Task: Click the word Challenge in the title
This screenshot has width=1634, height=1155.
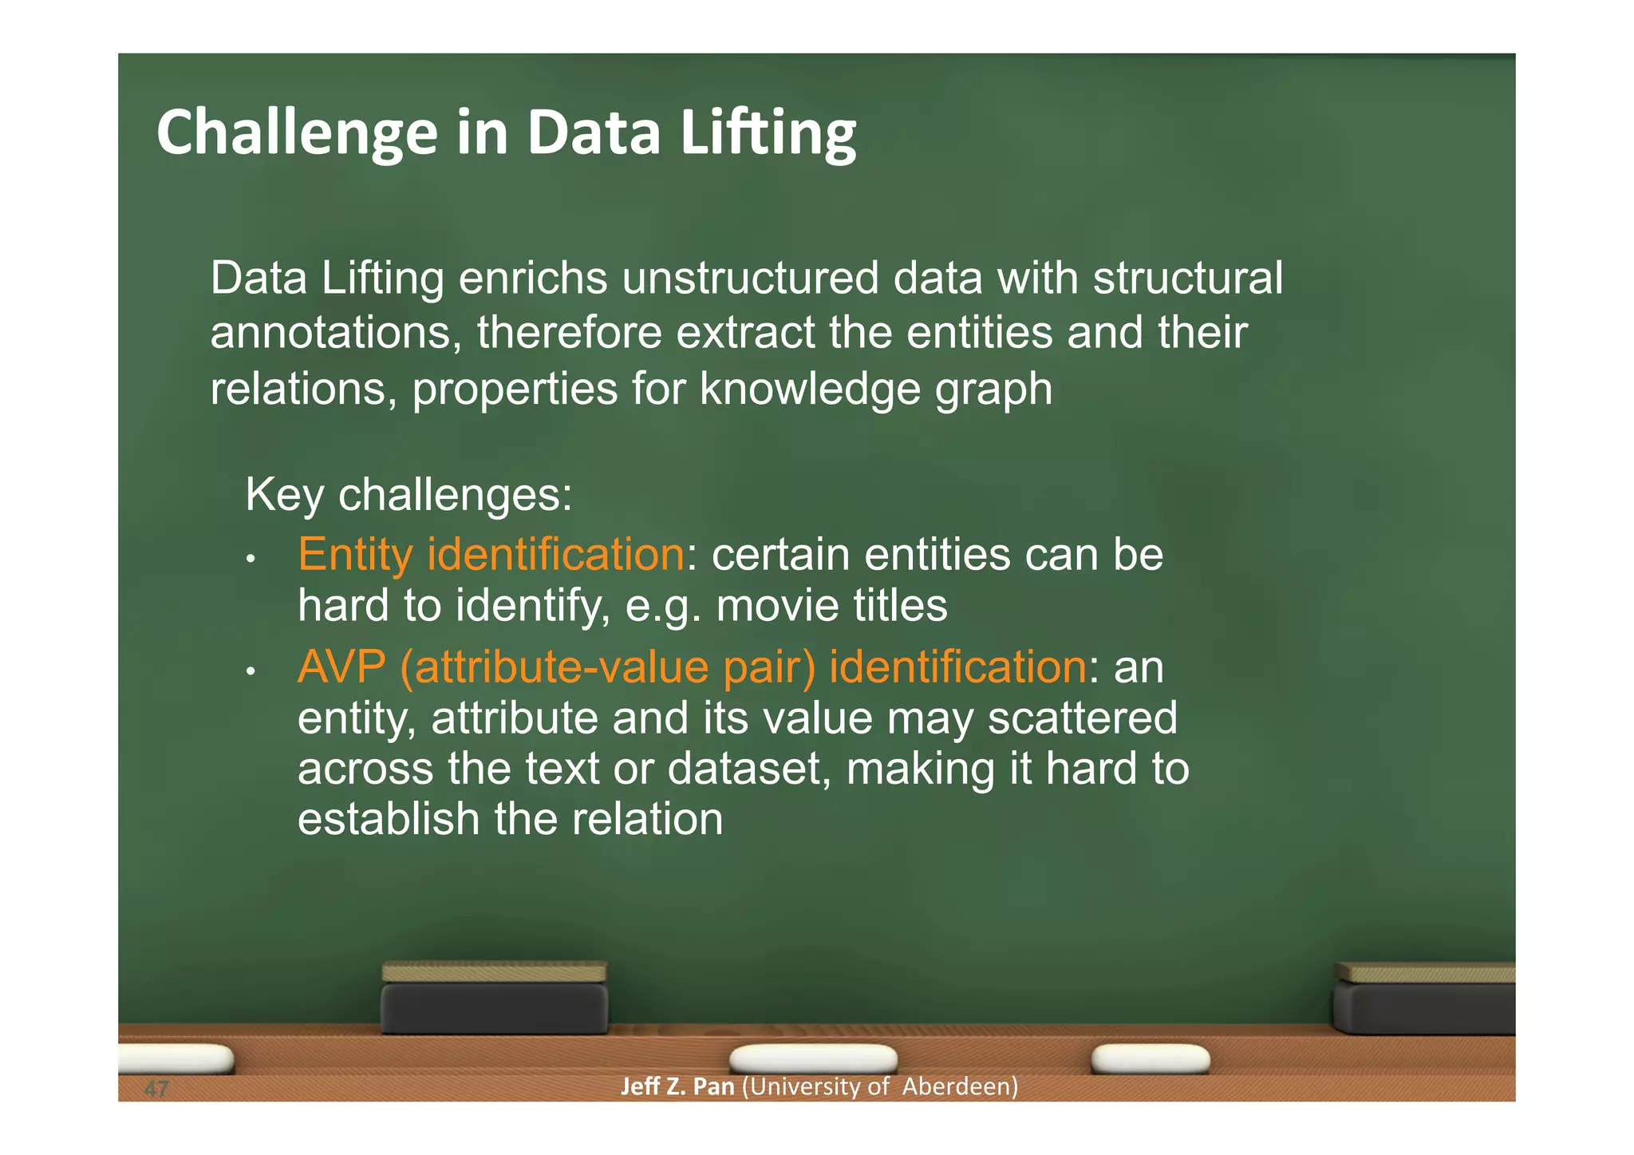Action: pyautogui.click(x=297, y=133)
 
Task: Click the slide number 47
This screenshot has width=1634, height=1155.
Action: pyautogui.click(x=156, y=1089)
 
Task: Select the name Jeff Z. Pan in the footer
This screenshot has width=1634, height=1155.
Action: pyautogui.click(x=677, y=1086)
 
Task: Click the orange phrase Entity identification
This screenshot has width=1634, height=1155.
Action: pyautogui.click(x=491, y=554)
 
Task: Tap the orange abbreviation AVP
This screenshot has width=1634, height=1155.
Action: pyautogui.click(x=341, y=666)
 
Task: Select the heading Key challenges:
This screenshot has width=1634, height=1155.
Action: pyautogui.click(x=408, y=494)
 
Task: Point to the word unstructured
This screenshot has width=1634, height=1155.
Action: pyautogui.click(x=750, y=279)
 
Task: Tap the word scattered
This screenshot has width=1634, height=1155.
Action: pyautogui.click(x=1082, y=718)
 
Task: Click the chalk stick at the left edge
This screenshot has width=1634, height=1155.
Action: pyautogui.click(x=176, y=1059)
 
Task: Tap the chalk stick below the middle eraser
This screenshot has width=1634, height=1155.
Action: pyautogui.click(x=813, y=1059)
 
